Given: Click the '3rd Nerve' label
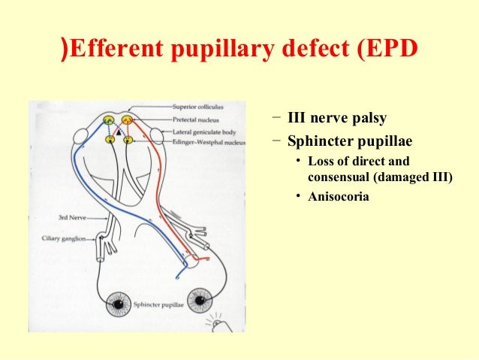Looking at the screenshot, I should pos(74,217).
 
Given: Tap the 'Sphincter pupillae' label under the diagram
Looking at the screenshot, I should pos(157,306).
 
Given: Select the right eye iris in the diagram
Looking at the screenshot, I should pos(200,302).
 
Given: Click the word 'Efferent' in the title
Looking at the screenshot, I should pos(116,50).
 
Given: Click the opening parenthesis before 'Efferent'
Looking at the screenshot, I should pos(65,50).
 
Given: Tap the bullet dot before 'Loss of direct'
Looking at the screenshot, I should pos(298,162).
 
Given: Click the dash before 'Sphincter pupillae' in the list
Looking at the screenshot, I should pos(277,139).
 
